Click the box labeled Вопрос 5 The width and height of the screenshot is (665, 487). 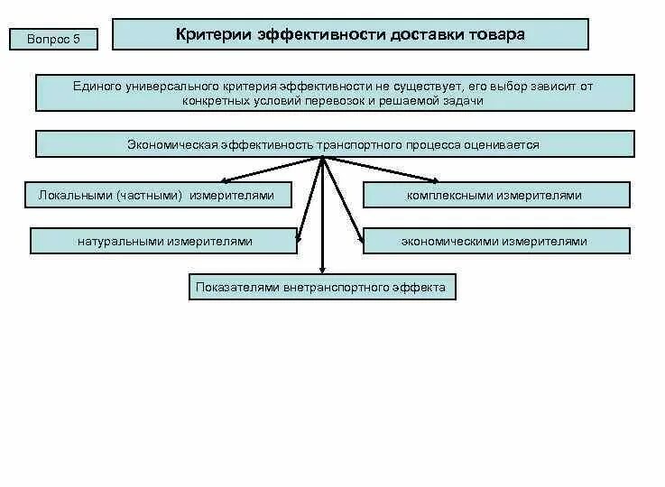[x=53, y=39]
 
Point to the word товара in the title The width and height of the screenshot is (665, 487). [x=494, y=34]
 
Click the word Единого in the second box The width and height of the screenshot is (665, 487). [x=97, y=86]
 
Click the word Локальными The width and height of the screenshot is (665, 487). [x=74, y=195]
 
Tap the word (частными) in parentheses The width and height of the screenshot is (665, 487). [x=151, y=195]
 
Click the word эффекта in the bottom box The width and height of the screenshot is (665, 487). [x=423, y=288]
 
